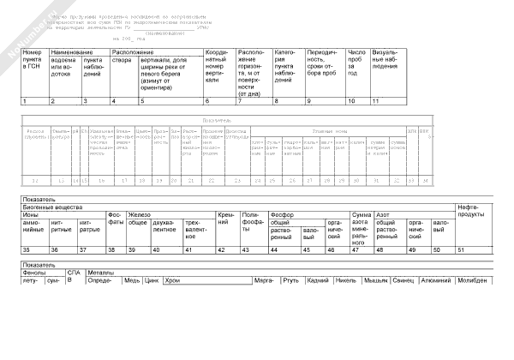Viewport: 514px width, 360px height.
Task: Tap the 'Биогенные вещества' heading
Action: pyautogui.click(x=52, y=207)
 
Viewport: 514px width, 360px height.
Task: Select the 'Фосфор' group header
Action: pyautogui.click(x=282, y=213)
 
